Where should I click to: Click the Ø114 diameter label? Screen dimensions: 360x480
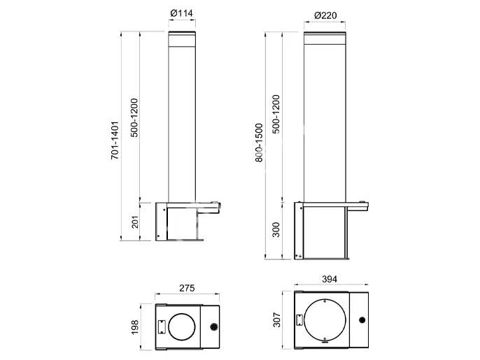pos(182,13)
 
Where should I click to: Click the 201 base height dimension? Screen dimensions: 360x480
pos(135,222)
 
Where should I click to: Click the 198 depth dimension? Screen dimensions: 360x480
pos(135,326)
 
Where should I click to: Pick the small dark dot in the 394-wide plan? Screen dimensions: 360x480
pos(362,321)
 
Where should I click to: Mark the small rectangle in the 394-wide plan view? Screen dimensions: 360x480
pos(299,321)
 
